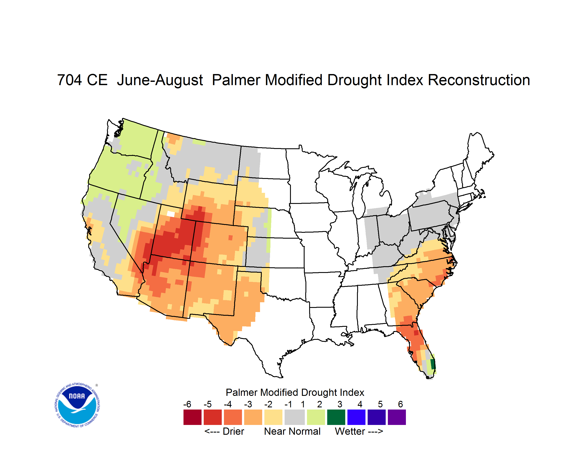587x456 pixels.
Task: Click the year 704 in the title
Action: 69,80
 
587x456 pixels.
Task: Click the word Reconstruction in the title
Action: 479,80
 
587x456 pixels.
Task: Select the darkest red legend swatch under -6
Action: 192,417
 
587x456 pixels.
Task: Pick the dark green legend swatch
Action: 336,417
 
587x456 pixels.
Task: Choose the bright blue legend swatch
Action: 356,417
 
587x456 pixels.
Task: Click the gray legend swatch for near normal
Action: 295,417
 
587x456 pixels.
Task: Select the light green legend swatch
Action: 316,417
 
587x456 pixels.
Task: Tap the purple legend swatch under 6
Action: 397,417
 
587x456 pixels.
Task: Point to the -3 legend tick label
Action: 248,404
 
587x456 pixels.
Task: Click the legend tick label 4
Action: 360,404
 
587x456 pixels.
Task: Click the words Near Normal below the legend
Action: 292,431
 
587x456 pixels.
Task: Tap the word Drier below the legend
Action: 233,431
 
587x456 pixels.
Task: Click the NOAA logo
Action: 77,405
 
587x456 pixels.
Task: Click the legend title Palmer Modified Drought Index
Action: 295,392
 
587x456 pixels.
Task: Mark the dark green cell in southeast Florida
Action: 433,364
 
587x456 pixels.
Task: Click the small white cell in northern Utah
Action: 171,214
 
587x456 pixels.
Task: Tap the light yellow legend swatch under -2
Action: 273,417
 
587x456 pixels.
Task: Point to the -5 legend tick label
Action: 207,404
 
